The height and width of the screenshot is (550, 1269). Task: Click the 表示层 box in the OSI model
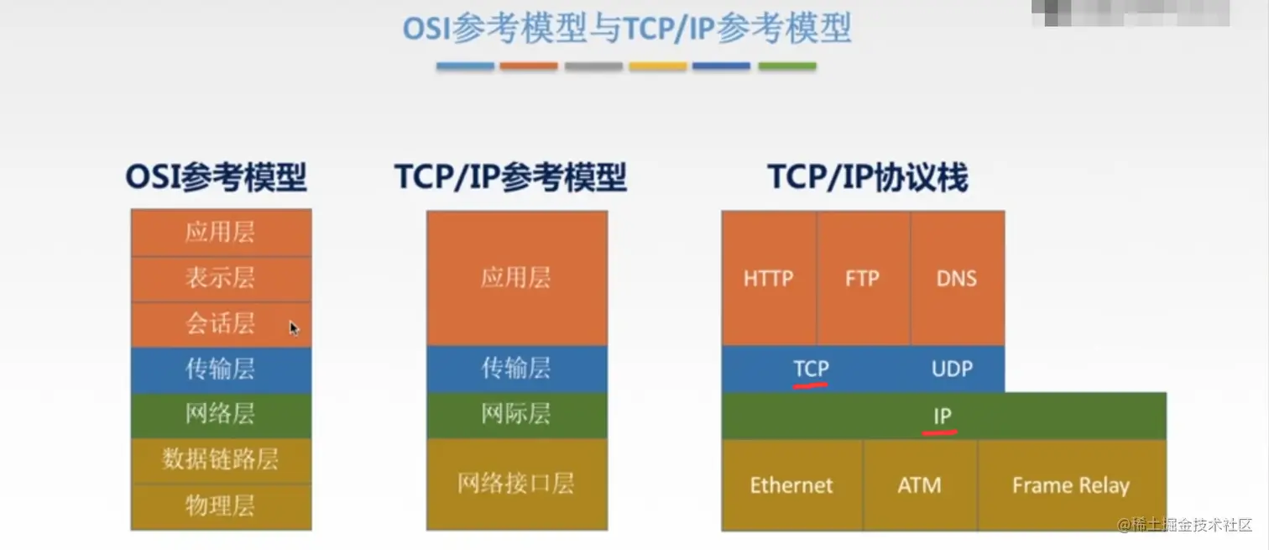point(221,279)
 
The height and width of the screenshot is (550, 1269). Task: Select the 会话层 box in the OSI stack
point(221,324)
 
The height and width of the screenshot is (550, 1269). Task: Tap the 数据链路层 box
point(221,460)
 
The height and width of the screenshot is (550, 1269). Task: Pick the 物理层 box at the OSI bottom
point(221,506)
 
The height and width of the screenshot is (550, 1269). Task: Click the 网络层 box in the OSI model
point(221,415)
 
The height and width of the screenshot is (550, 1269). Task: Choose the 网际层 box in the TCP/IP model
point(516,415)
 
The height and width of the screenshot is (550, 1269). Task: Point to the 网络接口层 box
point(516,484)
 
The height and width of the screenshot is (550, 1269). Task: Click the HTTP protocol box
point(768,278)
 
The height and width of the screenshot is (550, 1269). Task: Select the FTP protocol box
point(862,278)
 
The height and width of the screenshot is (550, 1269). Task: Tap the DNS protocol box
point(957,278)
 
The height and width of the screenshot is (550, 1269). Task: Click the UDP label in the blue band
point(952,369)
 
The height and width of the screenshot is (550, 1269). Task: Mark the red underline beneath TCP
point(811,385)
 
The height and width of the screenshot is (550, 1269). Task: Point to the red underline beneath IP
point(940,432)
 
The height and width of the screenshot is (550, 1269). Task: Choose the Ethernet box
point(791,485)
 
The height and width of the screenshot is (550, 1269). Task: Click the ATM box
point(919,485)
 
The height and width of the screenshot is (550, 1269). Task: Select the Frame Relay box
point(1070,485)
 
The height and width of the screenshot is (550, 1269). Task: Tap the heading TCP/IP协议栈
point(868,178)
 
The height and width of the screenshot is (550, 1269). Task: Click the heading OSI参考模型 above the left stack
point(216,178)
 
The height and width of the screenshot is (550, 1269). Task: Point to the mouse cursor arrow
point(294,327)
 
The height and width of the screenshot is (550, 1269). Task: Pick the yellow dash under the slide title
point(658,65)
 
